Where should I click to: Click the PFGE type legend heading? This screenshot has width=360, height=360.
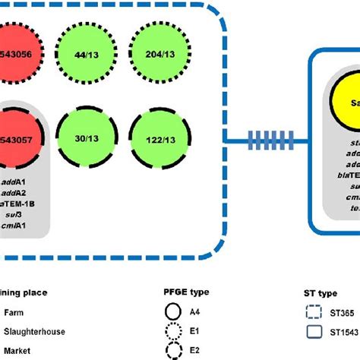(x=186, y=292)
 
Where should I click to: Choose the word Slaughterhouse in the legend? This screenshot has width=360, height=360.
(x=34, y=331)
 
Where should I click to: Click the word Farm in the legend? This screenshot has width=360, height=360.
(x=14, y=312)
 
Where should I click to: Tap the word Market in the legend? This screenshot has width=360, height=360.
(x=17, y=351)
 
